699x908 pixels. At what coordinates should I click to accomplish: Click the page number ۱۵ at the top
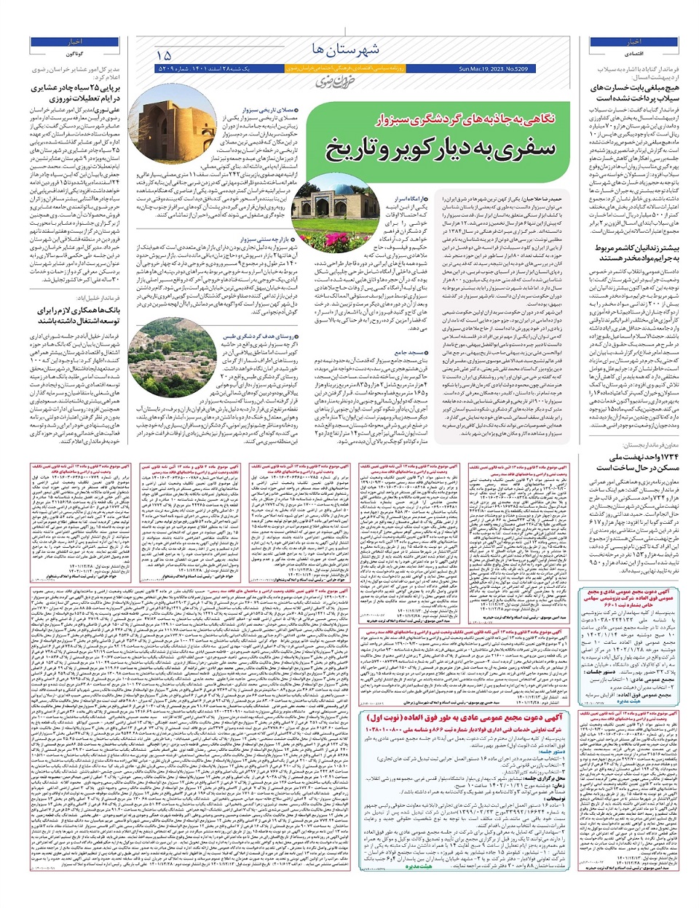point(163,55)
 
